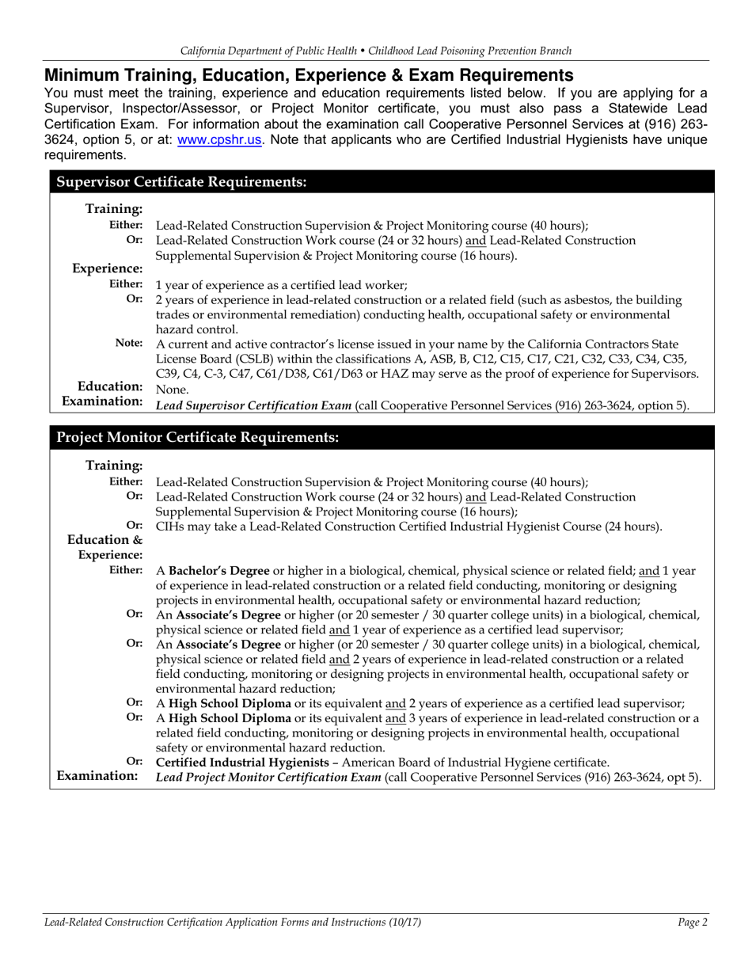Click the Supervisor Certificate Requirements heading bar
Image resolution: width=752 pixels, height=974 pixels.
[x=179, y=182]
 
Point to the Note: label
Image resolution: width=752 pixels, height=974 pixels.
[x=129, y=344]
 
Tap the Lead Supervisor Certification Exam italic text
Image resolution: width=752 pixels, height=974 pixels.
[x=253, y=405]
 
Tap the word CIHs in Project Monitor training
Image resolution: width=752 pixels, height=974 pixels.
[x=170, y=526]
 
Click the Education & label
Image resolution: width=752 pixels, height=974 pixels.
[x=104, y=540]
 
